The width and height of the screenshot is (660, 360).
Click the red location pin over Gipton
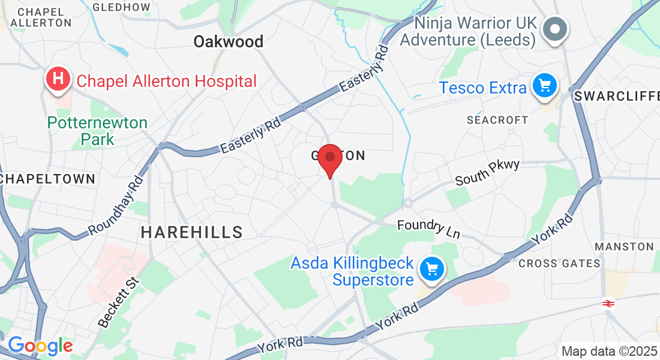[329, 158]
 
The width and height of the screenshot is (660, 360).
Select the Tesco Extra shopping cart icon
[545, 86]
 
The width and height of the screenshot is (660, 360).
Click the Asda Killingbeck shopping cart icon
[431, 269]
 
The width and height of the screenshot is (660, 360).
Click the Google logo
[40, 346]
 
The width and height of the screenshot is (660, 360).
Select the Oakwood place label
[228, 41]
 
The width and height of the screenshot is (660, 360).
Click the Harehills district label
[192, 232]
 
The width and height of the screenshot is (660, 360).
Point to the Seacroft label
[497, 120]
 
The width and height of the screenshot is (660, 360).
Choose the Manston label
[624, 247]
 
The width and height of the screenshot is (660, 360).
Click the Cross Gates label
[551, 263]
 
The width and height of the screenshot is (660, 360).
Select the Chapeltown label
[48, 179]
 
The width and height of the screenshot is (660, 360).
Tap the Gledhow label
[122, 7]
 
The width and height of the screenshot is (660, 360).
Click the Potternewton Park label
[97, 131]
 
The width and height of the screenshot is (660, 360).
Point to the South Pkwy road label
[487, 172]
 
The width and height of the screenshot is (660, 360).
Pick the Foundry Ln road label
[428, 229]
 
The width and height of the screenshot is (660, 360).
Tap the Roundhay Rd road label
[116, 205]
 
